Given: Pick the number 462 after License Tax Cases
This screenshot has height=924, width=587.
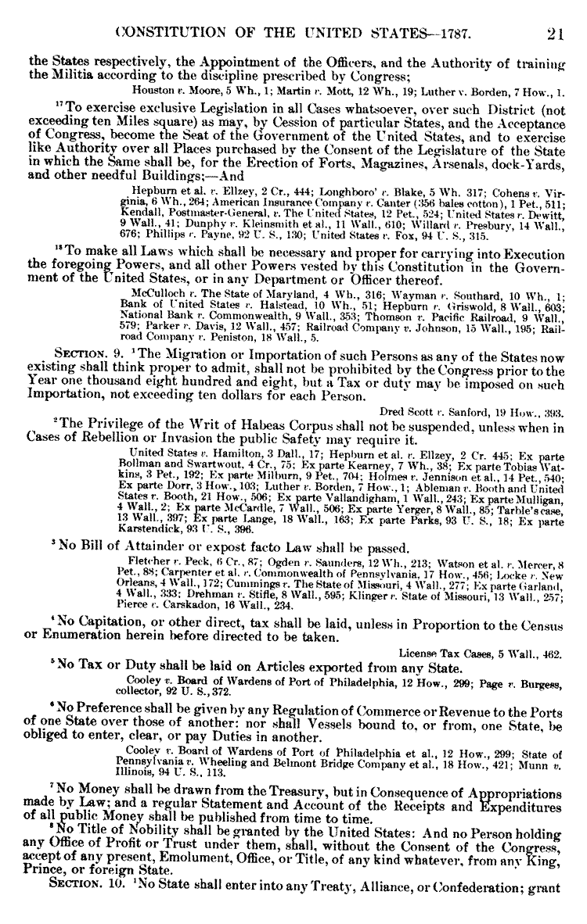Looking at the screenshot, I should tap(553, 673).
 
